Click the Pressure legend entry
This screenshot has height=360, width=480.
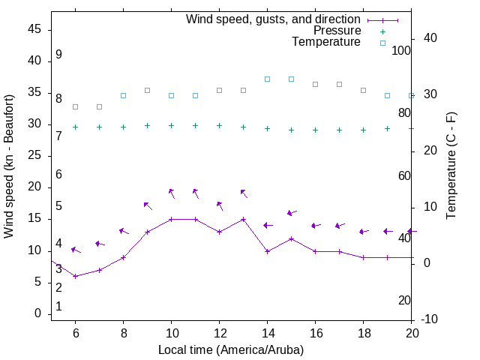[x=337, y=31]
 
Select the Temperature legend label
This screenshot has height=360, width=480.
[x=325, y=42]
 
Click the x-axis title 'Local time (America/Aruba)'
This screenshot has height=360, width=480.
[x=231, y=349]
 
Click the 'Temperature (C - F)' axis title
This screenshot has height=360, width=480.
[x=451, y=166]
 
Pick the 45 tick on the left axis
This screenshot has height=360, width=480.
[x=34, y=29]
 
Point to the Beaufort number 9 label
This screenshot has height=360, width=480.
[x=58, y=55]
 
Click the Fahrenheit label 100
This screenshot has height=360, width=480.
[x=401, y=50]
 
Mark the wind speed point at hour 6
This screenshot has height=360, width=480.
[x=75, y=276]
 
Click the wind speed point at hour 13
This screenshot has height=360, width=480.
[x=243, y=219]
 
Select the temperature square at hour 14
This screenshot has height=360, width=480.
[x=267, y=79]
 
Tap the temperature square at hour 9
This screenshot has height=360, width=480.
[x=147, y=90]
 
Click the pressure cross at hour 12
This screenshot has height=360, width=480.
[x=219, y=125]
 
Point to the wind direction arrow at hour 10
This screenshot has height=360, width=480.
[x=172, y=193]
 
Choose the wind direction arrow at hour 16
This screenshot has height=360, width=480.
[x=316, y=225]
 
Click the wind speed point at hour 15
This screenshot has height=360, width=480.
[x=291, y=238]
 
